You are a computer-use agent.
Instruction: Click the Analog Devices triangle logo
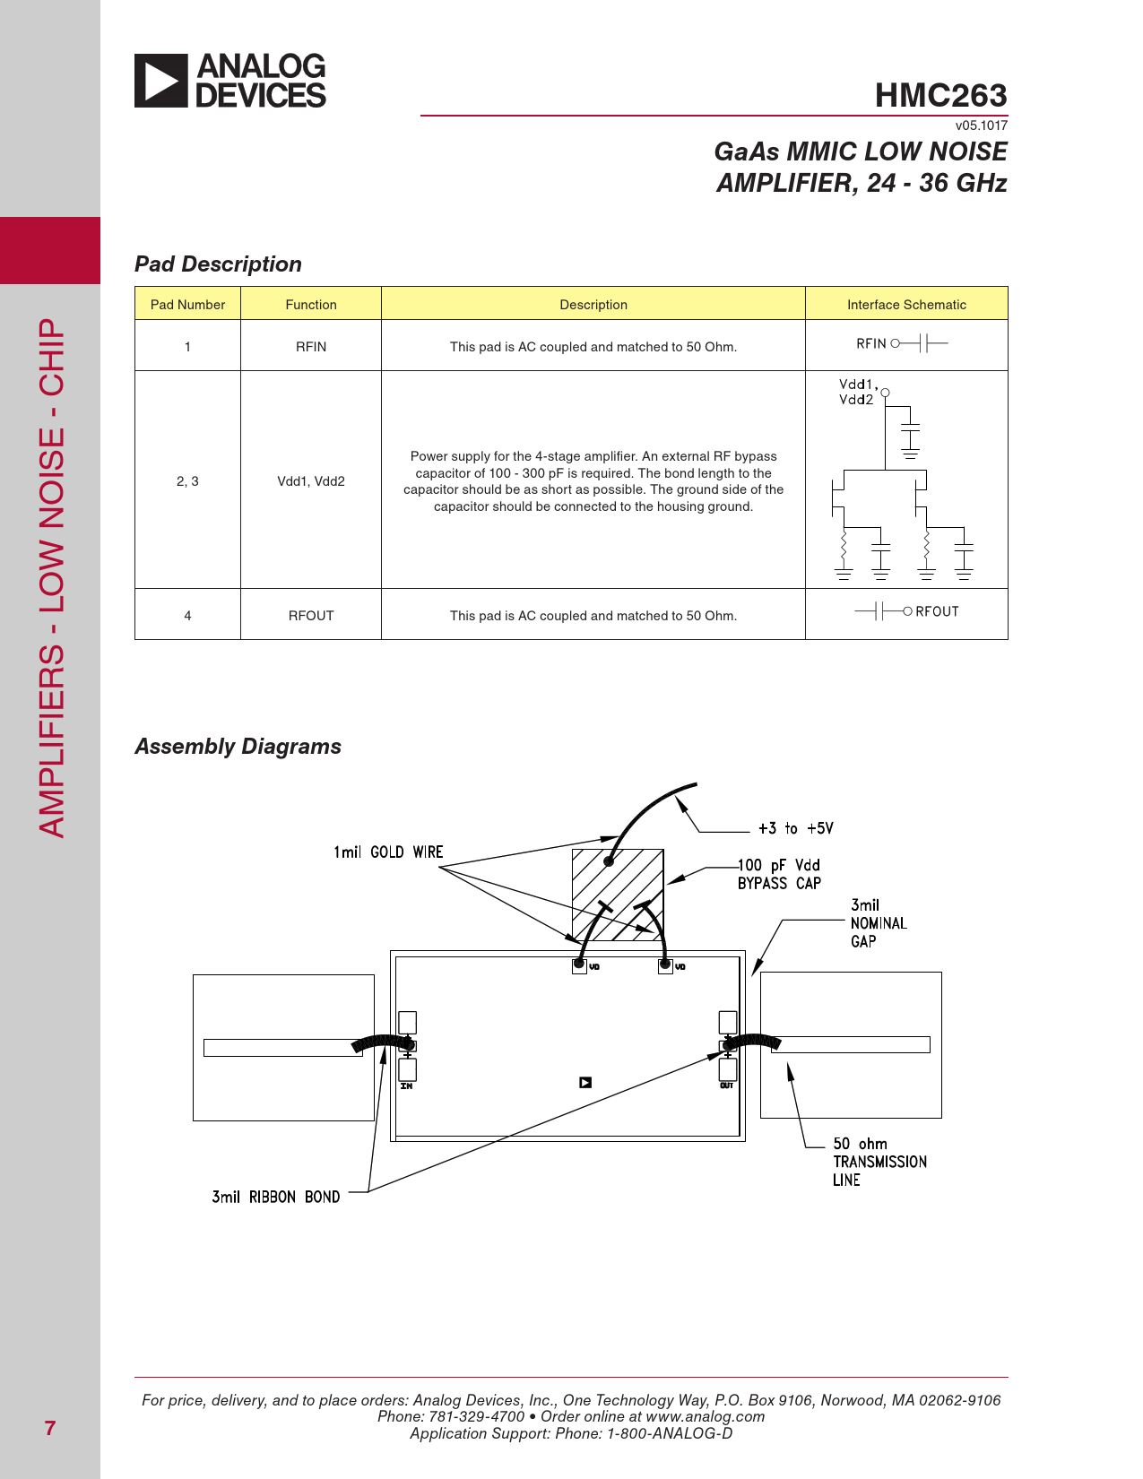click(x=161, y=81)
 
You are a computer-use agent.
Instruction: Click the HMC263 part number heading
click(x=940, y=95)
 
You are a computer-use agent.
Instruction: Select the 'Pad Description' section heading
click(x=218, y=264)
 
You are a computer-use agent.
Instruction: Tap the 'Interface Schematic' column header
click(x=906, y=305)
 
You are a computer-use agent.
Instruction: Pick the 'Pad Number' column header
click(x=187, y=305)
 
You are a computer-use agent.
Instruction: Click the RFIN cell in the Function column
click(x=311, y=347)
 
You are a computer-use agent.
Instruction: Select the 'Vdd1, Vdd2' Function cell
click(x=311, y=481)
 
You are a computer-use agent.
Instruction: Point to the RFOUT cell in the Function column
click(x=311, y=616)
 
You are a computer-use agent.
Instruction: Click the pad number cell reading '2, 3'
click(x=187, y=481)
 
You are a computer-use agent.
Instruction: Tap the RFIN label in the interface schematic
click(x=871, y=343)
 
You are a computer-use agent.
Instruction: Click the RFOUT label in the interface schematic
click(x=937, y=611)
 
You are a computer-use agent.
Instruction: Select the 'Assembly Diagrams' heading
click(x=238, y=747)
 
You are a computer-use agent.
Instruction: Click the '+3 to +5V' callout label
click(x=795, y=828)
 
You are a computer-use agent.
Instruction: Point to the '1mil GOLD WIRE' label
click(x=388, y=852)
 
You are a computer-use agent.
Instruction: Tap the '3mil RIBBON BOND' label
click(x=275, y=1198)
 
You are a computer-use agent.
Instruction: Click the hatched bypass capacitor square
click(x=618, y=895)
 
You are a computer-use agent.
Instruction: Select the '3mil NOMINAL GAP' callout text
click(x=878, y=923)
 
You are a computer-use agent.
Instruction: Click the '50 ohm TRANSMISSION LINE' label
click(x=879, y=1162)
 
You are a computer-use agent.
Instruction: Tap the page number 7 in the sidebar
click(x=50, y=1428)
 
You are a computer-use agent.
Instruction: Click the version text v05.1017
click(x=981, y=125)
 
